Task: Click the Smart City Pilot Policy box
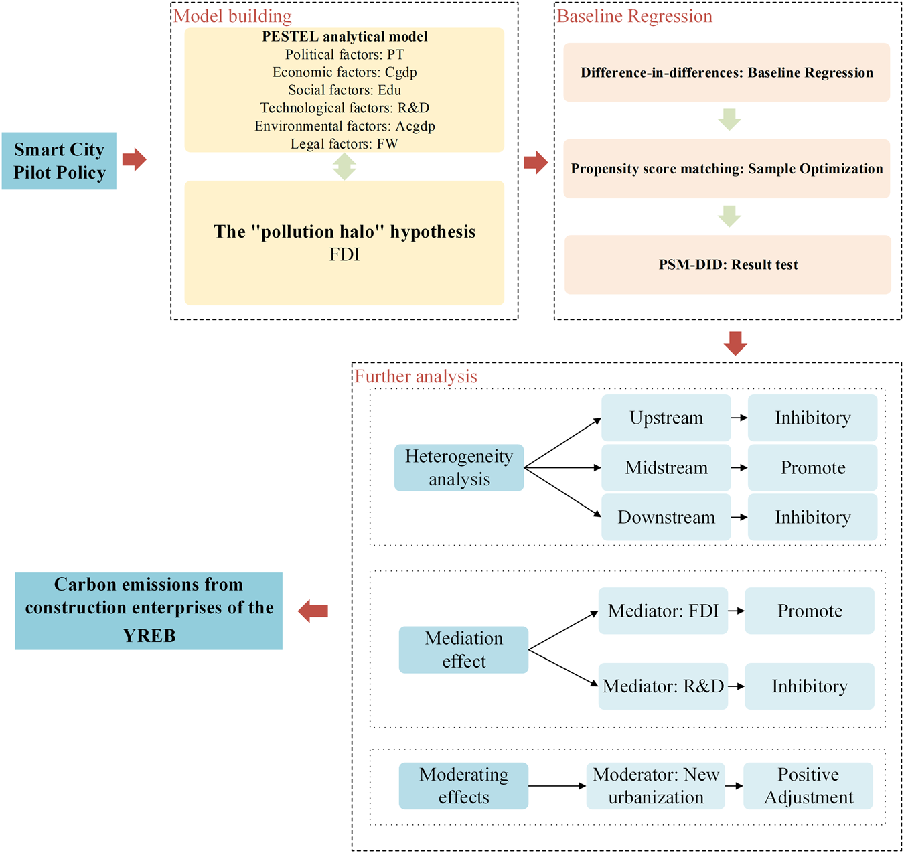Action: tap(59, 161)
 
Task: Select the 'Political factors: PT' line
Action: tap(344, 54)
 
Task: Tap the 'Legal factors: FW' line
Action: tap(344, 144)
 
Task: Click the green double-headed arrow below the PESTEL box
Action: tap(344, 167)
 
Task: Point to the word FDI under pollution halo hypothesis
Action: tap(344, 255)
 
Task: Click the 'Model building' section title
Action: tap(232, 16)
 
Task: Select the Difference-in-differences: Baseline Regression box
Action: tap(727, 72)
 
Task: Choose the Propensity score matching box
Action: tap(727, 169)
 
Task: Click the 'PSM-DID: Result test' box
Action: tap(728, 264)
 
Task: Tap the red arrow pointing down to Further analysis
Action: tap(735, 343)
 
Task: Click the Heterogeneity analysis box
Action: tap(459, 467)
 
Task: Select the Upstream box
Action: tap(666, 418)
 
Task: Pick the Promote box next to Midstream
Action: tap(812, 467)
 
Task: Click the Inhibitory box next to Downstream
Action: tap(812, 517)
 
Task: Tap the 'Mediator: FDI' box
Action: tap(663, 611)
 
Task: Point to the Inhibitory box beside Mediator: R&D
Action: tap(809, 686)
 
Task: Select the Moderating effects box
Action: tap(463, 786)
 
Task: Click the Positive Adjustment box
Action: tap(808, 786)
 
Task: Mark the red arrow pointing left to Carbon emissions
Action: tap(313, 611)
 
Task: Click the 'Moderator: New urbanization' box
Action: tap(656, 786)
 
